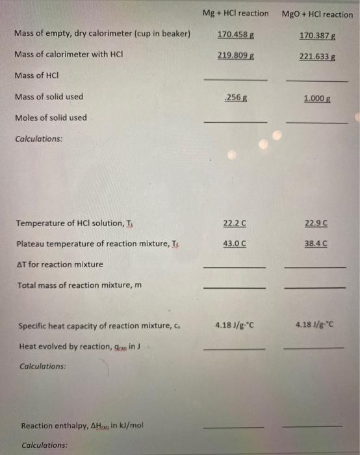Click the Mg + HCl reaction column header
click(x=235, y=13)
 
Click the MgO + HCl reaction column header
click(x=318, y=14)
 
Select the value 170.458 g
click(x=235, y=34)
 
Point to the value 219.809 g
click(x=235, y=56)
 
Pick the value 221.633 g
click(x=317, y=57)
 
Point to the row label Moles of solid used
click(x=51, y=118)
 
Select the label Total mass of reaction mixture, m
click(x=79, y=285)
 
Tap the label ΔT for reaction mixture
click(x=59, y=265)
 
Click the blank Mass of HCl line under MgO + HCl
click(x=316, y=81)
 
